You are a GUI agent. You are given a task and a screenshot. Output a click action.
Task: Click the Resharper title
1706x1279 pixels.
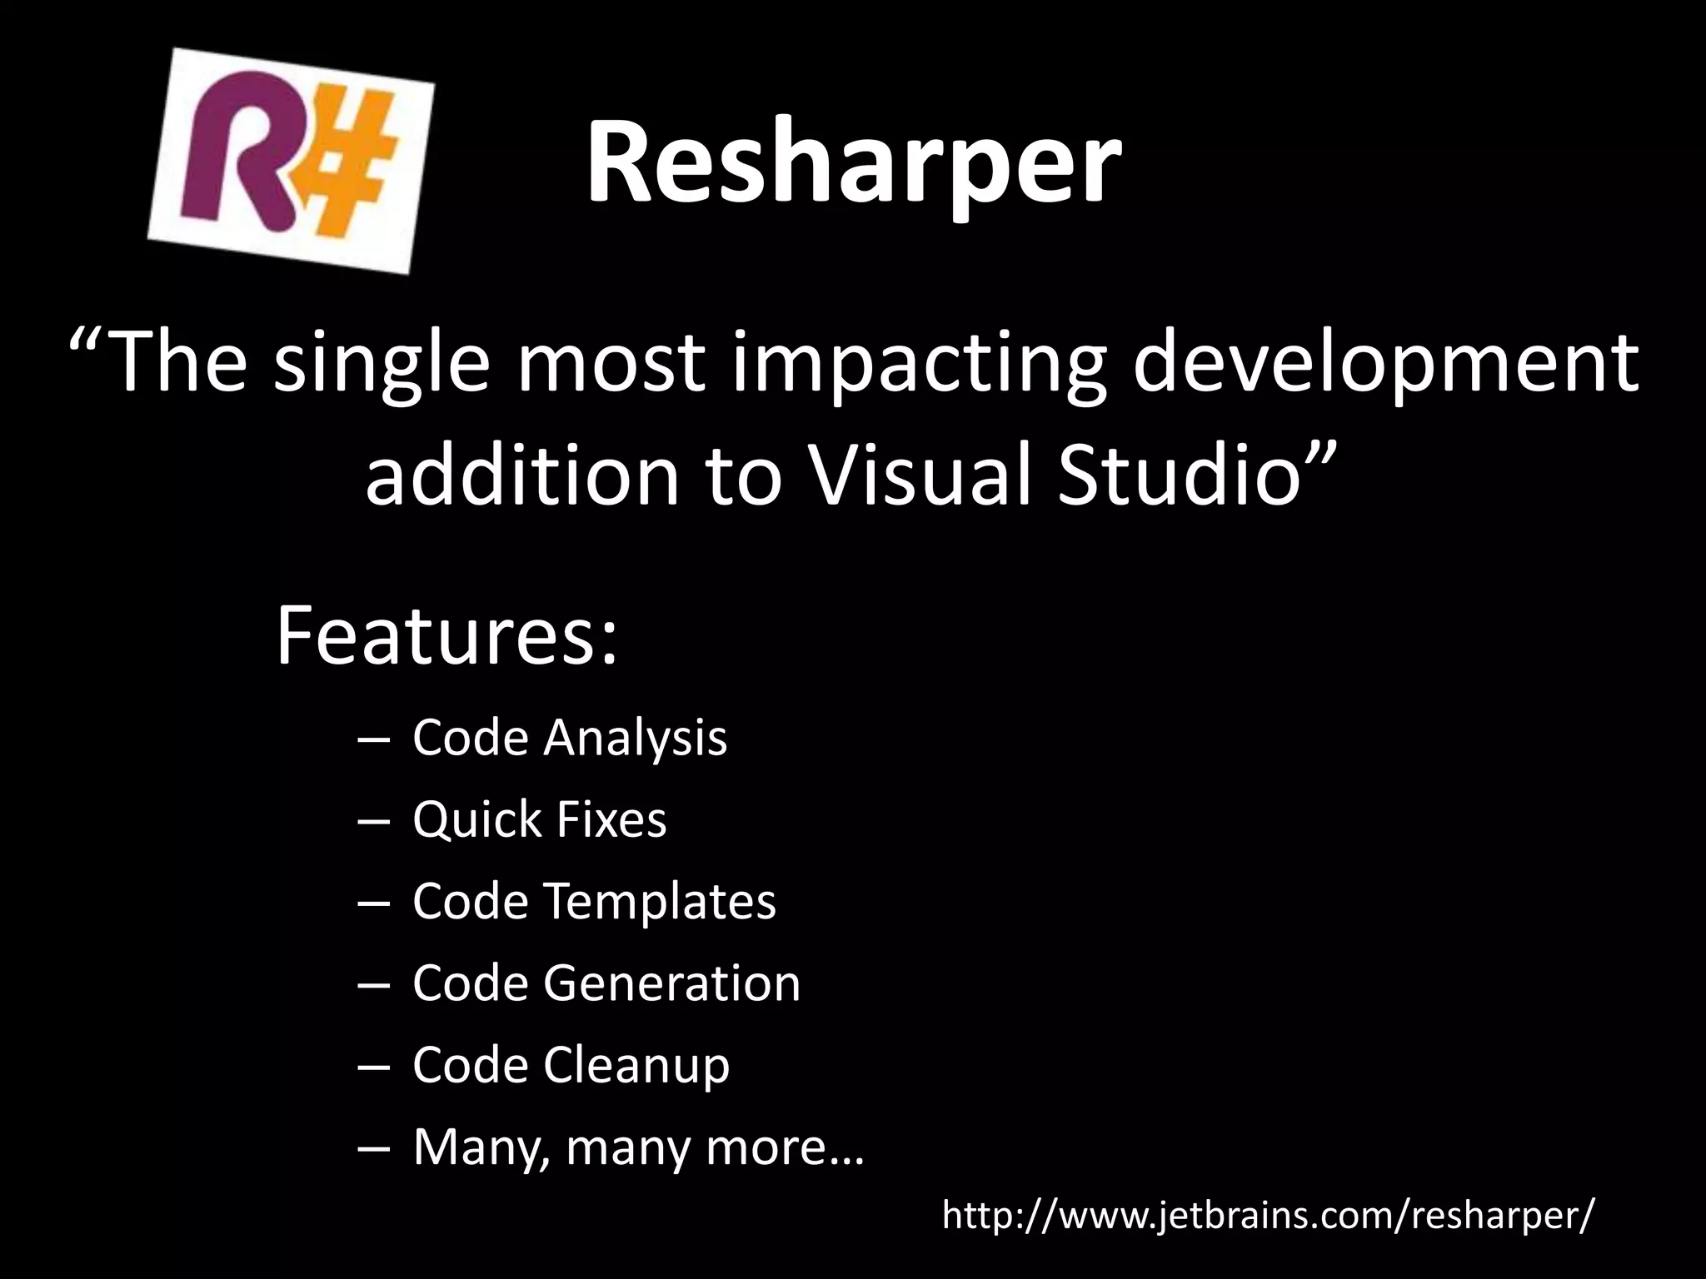pyautogui.click(x=853, y=162)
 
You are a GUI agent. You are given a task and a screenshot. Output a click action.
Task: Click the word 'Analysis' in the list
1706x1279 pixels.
pyautogui.click(x=635, y=738)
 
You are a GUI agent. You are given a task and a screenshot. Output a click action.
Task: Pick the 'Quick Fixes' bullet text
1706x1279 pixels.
pyautogui.click(x=539, y=819)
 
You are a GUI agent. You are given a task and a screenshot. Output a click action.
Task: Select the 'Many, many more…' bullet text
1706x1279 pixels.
pyautogui.click(x=638, y=1147)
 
